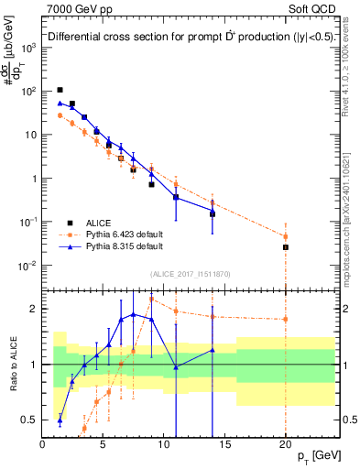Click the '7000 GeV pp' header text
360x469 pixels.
pyautogui.click(x=78, y=9)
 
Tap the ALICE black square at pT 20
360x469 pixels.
pyautogui.click(x=286, y=247)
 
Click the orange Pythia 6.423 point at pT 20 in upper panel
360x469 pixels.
pyautogui.click(x=286, y=236)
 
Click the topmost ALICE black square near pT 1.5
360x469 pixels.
pyautogui.click(x=60, y=90)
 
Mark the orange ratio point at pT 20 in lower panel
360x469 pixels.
pyautogui.click(x=286, y=319)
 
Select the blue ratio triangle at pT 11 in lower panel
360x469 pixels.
pyautogui.click(x=176, y=366)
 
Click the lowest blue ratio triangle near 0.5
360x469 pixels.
pyautogui.click(x=60, y=420)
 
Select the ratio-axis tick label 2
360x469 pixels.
pyautogui.click(x=32, y=309)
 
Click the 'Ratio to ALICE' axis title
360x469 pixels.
pyautogui.click(x=11, y=365)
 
